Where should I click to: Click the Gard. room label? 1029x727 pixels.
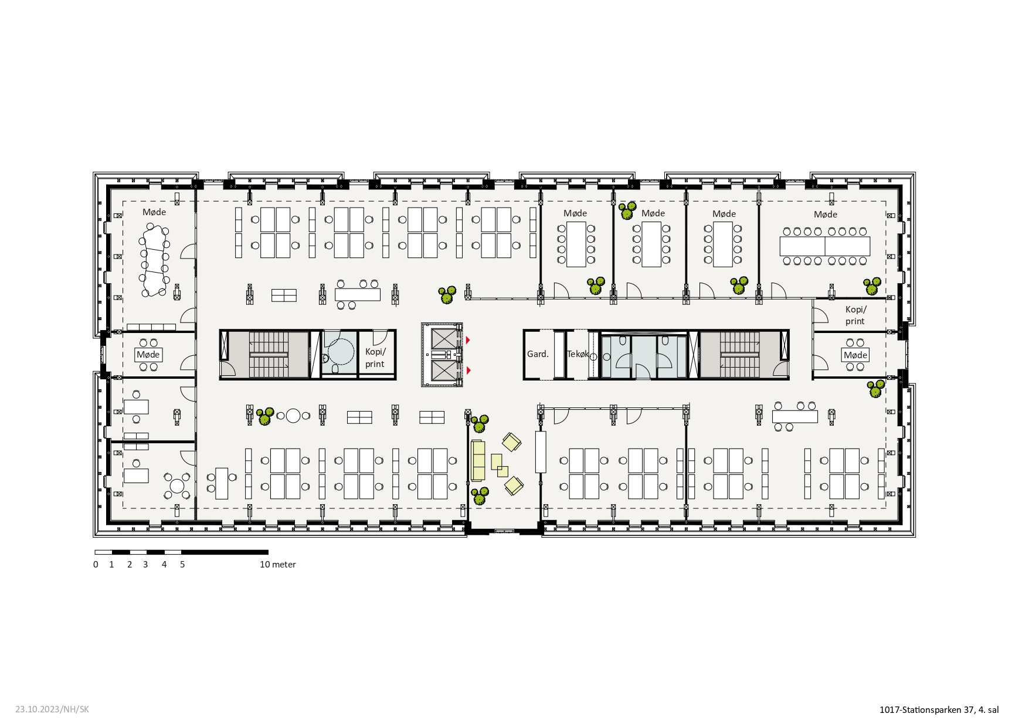coord(538,354)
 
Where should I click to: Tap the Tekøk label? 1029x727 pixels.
coord(578,354)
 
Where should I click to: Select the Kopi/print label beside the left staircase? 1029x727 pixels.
coord(375,358)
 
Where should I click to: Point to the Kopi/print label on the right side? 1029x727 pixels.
coord(855,315)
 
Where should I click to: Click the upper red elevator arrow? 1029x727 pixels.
coord(468,340)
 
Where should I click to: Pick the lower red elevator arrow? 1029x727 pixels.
coord(468,371)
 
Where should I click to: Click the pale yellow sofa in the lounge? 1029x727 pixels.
coord(478,460)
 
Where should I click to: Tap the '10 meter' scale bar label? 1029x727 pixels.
coord(278,565)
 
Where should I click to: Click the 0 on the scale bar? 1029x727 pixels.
coord(96,565)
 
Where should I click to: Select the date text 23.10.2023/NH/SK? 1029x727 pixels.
coord(52,709)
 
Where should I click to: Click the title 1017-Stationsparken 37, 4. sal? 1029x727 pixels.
coord(939,710)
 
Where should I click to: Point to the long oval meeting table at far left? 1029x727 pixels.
coord(155,260)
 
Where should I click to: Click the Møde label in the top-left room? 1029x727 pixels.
coord(154,212)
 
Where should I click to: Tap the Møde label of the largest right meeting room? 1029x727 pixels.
coord(826,215)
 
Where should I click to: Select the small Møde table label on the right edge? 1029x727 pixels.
coord(855,355)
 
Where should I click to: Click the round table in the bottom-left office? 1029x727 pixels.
coord(177,486)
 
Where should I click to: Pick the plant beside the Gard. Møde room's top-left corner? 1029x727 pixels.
coord(627,210)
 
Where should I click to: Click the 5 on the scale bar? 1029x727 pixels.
coord(182,565)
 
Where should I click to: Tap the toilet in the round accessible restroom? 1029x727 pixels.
coord(335,369)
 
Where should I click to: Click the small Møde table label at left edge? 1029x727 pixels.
coord(148,355)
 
